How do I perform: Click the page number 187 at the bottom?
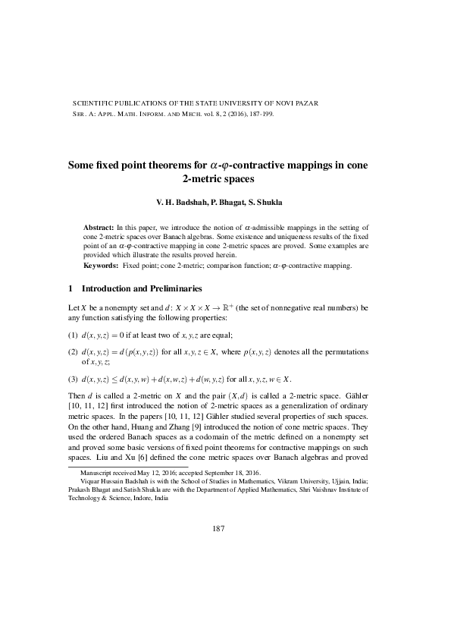pyautogui.click(x=225, y=528)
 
